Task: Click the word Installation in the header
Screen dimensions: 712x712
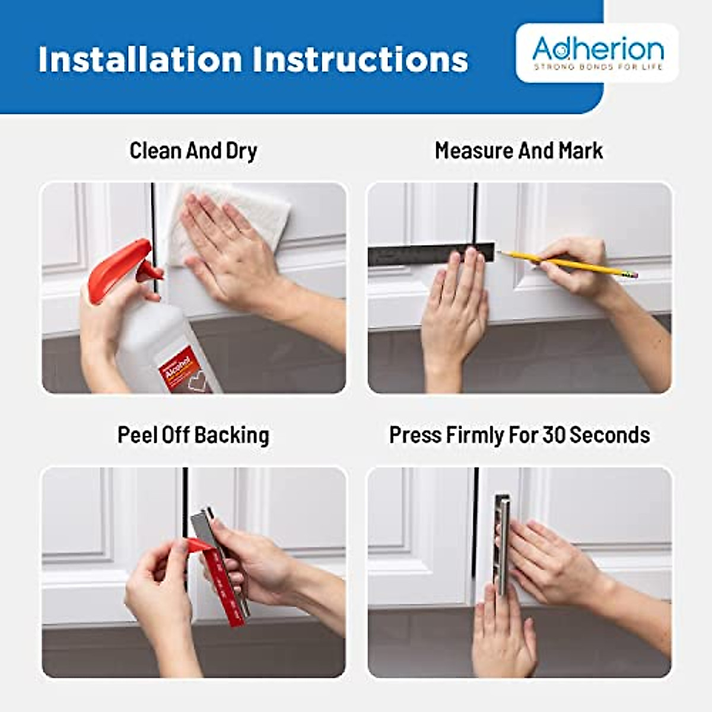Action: pos(140,59)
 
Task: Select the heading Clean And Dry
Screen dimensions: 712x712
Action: pos(193,151)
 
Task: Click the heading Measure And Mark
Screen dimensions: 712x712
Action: pos(519,151)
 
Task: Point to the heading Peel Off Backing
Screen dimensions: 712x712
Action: pos(193,435)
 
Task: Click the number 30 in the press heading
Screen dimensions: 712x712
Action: pos(554,435)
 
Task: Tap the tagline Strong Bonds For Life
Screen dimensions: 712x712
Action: pos(597,67)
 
